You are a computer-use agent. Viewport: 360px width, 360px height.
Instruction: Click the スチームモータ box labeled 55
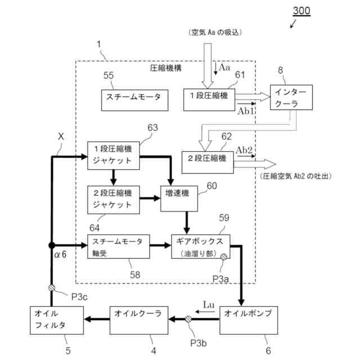point(133,97)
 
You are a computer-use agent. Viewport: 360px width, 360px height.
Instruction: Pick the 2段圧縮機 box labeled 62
point(206,159)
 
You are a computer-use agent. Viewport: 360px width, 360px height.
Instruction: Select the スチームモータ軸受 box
point(118,246)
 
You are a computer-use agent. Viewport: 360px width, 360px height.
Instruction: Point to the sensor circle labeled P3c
point(52,288)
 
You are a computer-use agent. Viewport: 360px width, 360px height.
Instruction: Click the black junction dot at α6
point(52,245)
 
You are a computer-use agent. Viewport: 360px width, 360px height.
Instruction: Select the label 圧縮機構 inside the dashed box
point(166,68)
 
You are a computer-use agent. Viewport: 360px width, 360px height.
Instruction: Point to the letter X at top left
point(61,137)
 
